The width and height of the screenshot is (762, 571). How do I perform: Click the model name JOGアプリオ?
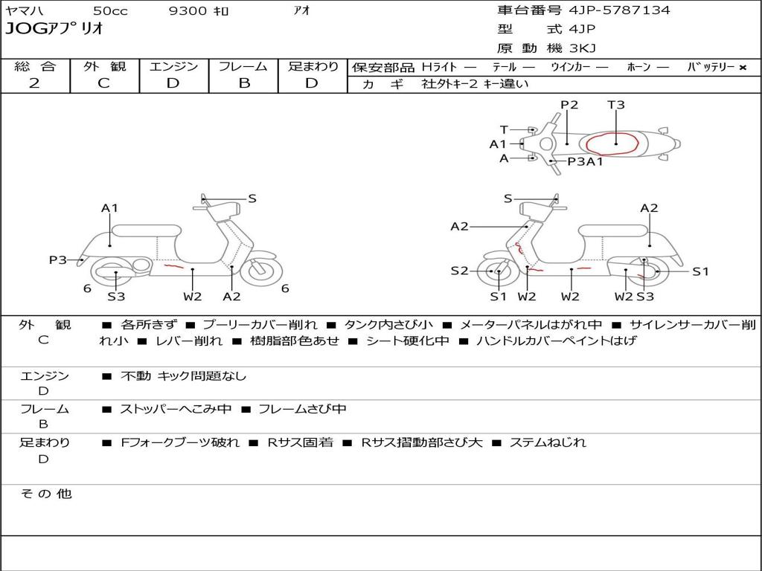point(54,30)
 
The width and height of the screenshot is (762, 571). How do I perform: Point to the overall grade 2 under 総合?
point(34,83)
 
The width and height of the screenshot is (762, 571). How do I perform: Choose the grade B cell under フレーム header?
point(243,83)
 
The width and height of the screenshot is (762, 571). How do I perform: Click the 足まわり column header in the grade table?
point(313,67)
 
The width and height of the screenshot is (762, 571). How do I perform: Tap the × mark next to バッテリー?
point(742,68)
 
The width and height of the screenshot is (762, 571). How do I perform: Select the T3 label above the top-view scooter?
point(616,105)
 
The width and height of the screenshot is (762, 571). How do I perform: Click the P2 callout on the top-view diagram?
point(569,105)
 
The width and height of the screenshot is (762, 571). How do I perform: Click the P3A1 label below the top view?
point(585,161)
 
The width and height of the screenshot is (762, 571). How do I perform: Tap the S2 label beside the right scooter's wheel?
point(459,271)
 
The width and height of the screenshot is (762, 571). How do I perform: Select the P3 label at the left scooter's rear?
point(58,260)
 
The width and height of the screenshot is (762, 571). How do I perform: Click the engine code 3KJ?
point(582,48)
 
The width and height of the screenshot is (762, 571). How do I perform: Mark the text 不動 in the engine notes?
point(135,376)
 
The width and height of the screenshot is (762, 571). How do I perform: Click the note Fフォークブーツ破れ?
point(180,442)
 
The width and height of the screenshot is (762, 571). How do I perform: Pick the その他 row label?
point(45,494)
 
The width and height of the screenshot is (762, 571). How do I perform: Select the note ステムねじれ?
point(548,442)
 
